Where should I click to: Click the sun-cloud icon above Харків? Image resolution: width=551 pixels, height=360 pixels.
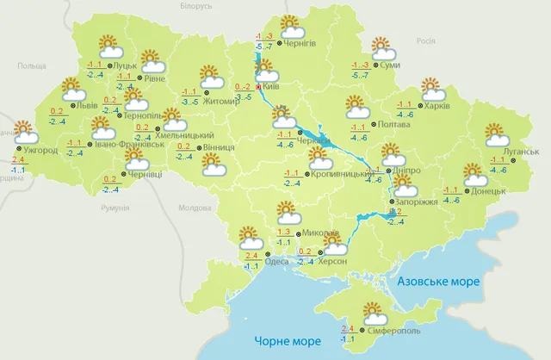[430, 89]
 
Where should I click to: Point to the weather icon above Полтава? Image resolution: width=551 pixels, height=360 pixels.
[356, 107]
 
